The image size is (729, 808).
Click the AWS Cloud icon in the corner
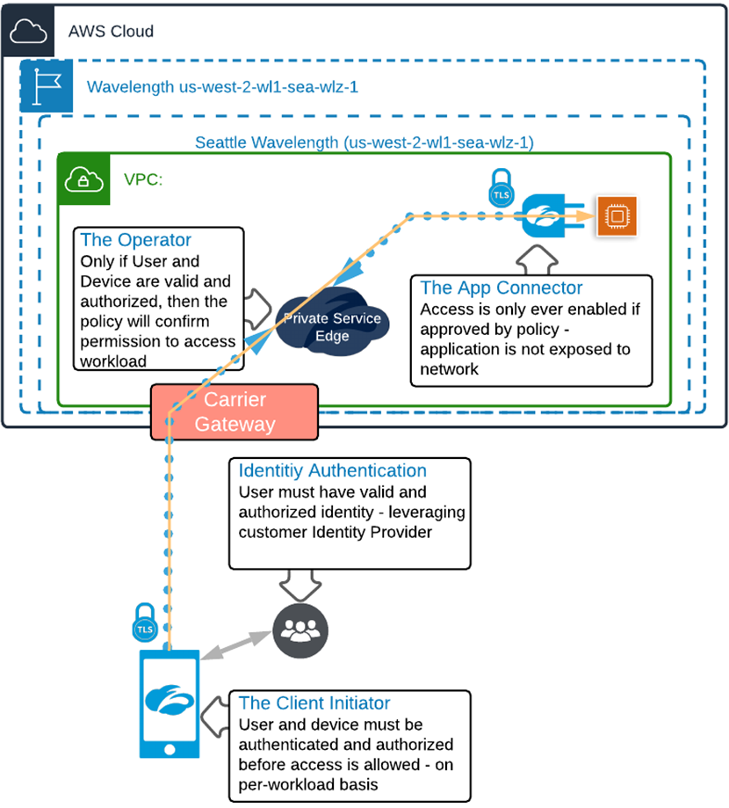(x=28, y=31)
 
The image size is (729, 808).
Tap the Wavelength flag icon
(x=47, y=86)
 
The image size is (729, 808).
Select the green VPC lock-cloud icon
(x=84, y=178)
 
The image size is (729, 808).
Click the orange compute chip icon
(x=617, y=216)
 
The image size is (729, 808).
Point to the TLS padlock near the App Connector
(x=501, y=188)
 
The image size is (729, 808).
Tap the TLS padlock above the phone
(x=145, y=622)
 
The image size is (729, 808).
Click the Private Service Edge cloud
(x=332, y=322)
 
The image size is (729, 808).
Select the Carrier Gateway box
(x=235, y=411)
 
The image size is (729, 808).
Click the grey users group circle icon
(x=300, y=630)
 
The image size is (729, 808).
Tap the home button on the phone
(x=170, y=749)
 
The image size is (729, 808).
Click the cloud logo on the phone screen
(x=170, y=699)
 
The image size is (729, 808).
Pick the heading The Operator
(x=136, y=240)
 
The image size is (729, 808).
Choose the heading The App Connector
(x=502, y=288)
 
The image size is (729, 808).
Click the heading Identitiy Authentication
(x=333, y=470)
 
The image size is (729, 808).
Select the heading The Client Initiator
(x=314, y=702)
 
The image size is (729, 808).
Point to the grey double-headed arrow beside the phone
(x=236, y=645)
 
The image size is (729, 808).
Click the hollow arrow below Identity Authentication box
(x=300, y=585)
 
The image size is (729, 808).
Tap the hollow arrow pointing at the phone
(x=215, y=717)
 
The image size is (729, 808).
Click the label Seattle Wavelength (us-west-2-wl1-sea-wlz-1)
(x=364, y=142)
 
